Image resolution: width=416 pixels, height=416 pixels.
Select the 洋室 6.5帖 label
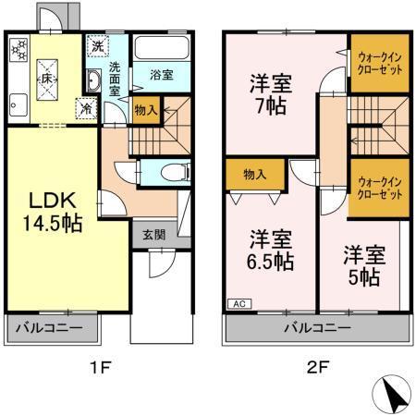click(x=269, y=250)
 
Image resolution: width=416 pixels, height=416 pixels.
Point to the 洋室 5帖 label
click(x=363, y=264)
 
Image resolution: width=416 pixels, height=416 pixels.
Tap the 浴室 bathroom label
click(x=161, y=75)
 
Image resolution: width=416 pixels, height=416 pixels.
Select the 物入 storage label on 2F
click(x=255, y=174)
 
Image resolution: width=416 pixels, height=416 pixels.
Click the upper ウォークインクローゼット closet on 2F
click(x=379, y=64)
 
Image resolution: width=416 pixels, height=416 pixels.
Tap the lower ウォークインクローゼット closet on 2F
click(x=379, y=189)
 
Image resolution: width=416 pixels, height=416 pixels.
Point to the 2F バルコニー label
click(x=316, y=327)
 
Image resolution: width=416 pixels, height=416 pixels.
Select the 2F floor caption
click(x=316, y=367)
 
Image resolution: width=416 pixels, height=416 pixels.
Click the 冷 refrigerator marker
click(x=84, y=107)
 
